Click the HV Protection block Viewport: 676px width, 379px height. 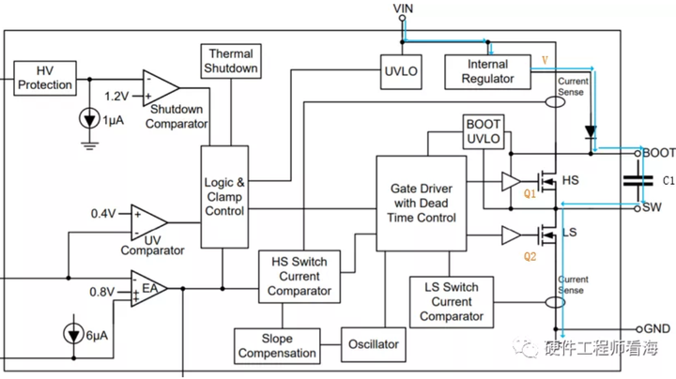(46, 79)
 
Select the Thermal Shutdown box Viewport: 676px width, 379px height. (231, 62)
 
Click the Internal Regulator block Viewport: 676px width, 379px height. (487, 71)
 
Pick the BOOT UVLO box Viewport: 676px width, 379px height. (484, 132)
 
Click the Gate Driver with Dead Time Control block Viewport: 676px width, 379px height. (422, 204)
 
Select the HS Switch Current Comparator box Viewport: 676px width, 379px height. (299, 277)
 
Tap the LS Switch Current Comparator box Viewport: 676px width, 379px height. (452, 301)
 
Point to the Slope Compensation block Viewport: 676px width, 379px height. (277, 345)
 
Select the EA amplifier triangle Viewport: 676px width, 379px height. (146, 288)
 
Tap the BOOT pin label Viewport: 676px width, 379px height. (658, 152)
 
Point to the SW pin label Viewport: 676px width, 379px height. (653, 206)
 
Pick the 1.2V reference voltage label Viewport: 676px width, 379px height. (116, 96)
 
